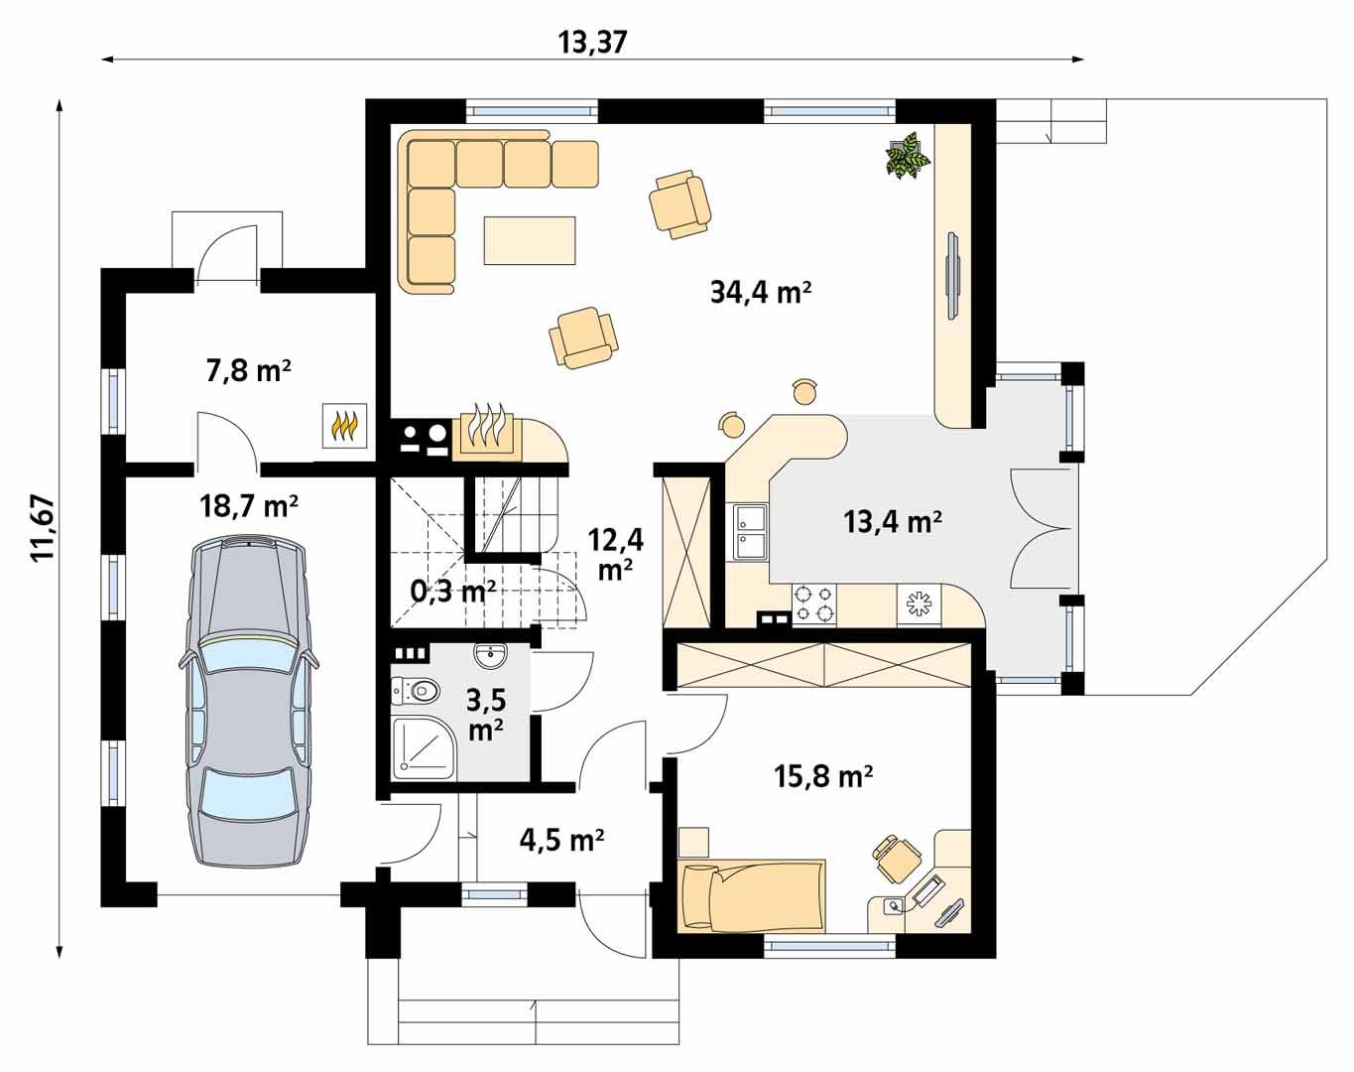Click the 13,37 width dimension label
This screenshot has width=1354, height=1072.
(x=593, y=42)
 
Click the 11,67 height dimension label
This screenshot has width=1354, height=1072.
(x=44, y=528)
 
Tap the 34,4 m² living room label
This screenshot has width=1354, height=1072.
(x=761, y=292)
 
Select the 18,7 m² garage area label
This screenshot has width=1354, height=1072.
(x=249, y=506)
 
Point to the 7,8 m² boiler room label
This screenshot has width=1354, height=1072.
(x=248, y=371)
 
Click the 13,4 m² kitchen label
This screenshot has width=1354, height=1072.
(x=893, y=520)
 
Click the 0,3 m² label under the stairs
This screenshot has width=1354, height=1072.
(x=452, y=592)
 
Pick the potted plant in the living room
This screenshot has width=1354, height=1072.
(x=907, y=157)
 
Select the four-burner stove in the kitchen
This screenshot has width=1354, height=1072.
(x=813, y=603)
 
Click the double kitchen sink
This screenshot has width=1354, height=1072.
(x=750, y=531)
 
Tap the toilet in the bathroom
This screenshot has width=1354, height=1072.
(x=415, y=690)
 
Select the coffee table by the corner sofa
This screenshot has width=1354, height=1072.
(x=530, y=240)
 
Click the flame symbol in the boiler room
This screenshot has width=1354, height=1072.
(x=344, y=426)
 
